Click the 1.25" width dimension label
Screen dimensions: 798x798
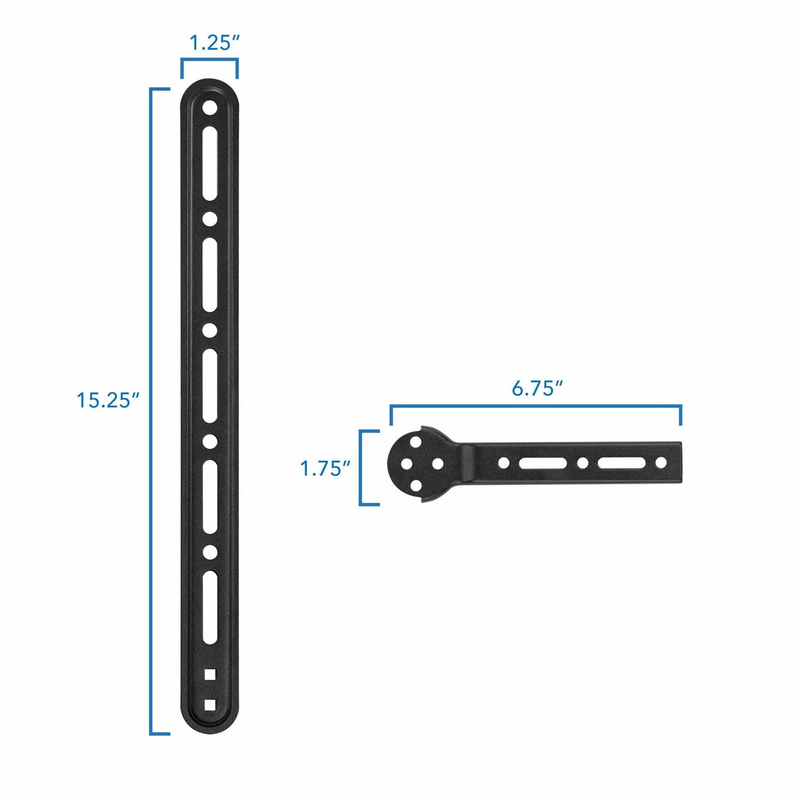coord(214,43)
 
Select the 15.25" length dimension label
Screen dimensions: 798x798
coord(108,400)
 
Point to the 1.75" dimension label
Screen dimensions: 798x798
coord(325,469)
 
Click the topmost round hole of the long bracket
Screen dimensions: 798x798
coord(210,107)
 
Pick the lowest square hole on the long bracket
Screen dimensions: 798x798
coord(210,705)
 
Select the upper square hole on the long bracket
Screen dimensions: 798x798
coord(210,674)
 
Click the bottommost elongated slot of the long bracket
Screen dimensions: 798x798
coord(210,607)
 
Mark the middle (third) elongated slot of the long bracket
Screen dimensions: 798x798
coord(210,385)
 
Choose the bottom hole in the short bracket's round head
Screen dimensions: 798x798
coord(416,485)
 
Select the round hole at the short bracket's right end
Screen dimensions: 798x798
coord(661,463)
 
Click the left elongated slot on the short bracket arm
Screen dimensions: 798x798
coord(543,463)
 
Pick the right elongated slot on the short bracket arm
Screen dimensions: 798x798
coord(621,463)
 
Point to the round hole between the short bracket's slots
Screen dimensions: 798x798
coord(582,463)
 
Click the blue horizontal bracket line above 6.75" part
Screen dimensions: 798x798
coord(536,407)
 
